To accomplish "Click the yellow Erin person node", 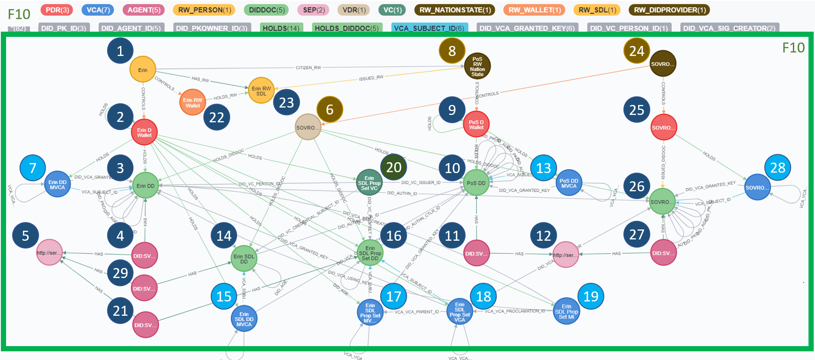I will coord(142,70).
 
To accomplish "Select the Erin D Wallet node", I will coord(144,132).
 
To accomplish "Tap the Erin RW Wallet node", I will coord(192,103).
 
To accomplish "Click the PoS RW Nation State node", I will coord(477,66).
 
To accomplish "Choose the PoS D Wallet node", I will coord(476,125).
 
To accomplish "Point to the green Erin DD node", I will coord(145,186).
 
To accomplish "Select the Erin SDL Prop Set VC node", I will coord(369,183).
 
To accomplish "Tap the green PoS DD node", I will coord(476,183).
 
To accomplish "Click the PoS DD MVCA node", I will coord(569,183).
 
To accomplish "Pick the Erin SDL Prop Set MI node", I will coord(566,311).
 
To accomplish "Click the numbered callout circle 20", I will coord(394,167).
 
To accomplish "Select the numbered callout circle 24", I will coord(636,51).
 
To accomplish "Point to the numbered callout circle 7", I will coord(33,168).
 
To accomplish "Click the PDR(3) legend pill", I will coord(57,10).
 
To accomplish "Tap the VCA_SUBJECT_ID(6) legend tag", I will coord(429,28).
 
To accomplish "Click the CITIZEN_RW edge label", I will coord(308,68).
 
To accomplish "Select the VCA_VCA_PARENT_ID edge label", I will coord(417,312).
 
